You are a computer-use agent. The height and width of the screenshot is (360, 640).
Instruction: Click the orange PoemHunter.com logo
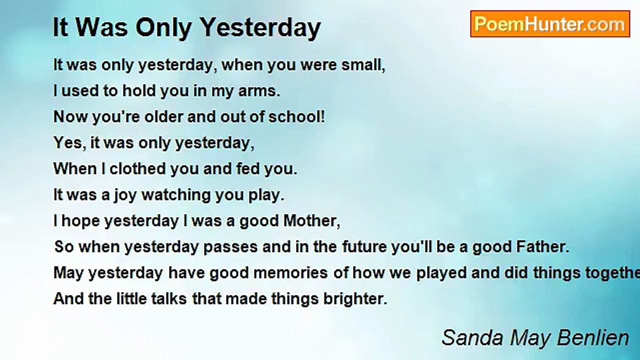coord(550,24)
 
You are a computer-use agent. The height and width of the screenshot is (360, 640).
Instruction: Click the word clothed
coord(137,168)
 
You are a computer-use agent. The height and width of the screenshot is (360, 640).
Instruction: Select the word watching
coord(176,195)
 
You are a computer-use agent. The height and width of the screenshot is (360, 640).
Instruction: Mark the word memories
coord(290,273)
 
